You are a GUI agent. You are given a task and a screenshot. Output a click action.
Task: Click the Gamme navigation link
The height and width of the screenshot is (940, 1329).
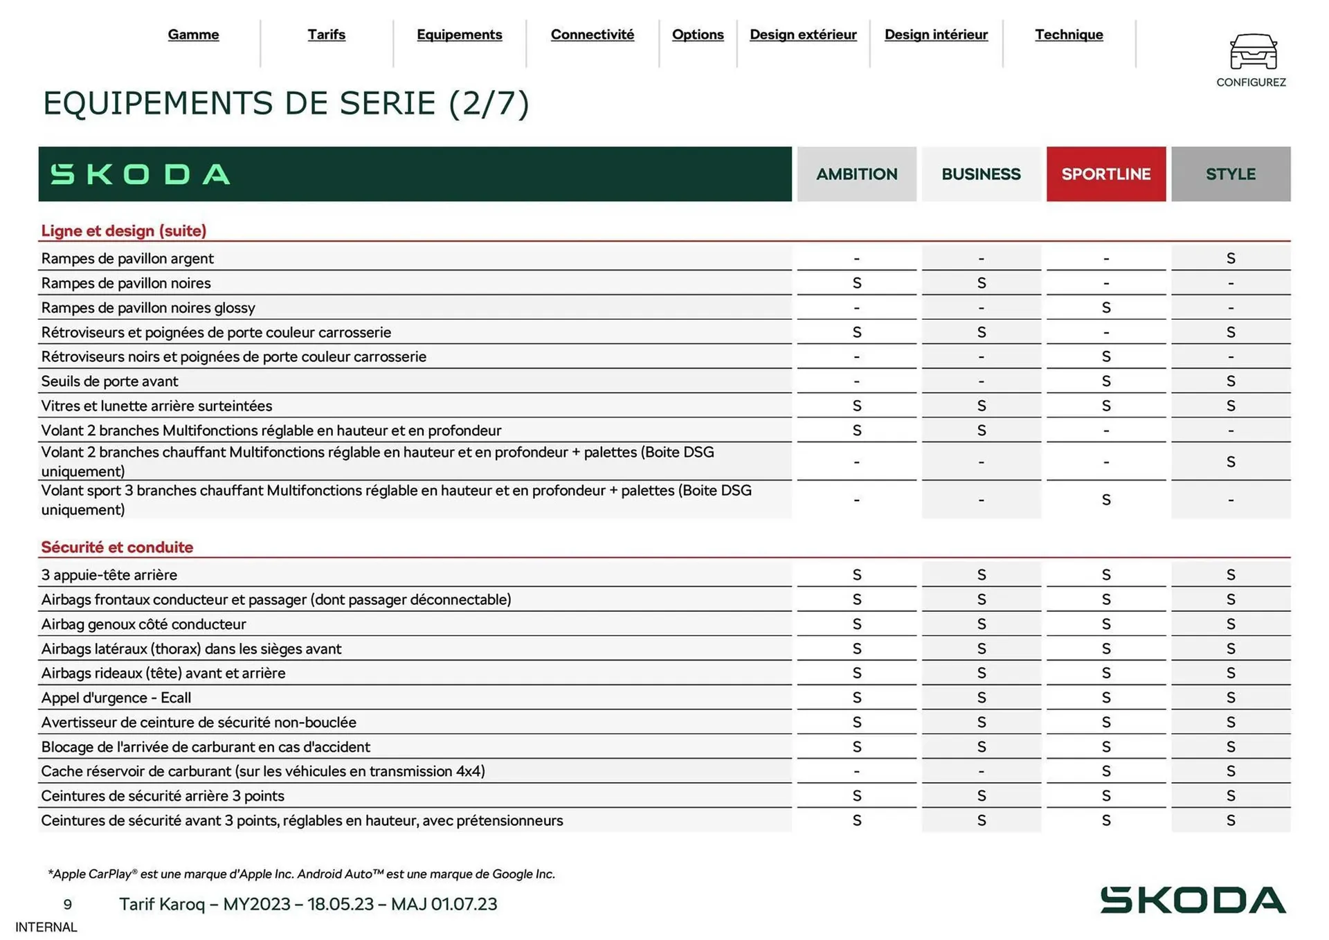tap(193, 35)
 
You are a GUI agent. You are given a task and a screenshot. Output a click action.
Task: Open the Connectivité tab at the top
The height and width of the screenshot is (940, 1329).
tap(592, 35)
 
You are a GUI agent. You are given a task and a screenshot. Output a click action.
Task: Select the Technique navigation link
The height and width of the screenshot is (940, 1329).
tap(1068, 35)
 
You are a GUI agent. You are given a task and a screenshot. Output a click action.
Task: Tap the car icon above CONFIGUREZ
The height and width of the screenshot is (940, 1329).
tap(1253, 52)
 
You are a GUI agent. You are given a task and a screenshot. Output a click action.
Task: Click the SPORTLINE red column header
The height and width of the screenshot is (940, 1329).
tap(1105, 174)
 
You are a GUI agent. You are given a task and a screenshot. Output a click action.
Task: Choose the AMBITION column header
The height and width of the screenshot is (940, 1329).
tap(856, 174)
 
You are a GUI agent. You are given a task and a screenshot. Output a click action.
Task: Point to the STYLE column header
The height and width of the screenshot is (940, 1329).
tap(1230, 174)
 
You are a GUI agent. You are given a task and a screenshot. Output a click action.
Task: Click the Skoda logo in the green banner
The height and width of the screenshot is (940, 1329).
tap(141, 174)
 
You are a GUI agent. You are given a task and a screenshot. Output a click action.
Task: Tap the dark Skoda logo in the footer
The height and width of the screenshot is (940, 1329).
tap(1193, 900)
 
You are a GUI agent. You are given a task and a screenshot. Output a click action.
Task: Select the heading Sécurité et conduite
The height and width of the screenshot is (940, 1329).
tap(117, 547)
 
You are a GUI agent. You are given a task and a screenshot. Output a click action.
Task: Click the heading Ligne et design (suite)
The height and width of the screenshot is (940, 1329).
tap(124, 231)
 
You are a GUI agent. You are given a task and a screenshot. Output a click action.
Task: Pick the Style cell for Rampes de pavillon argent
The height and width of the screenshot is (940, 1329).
tap(1230, 258)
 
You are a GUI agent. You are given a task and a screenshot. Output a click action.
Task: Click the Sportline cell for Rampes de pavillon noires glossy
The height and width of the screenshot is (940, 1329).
tap(1105, 307)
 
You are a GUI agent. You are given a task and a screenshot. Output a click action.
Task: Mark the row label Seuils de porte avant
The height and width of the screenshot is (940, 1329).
tap(109, 381)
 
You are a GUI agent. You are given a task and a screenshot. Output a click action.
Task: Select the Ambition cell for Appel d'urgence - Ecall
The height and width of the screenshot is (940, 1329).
tap(856, 698)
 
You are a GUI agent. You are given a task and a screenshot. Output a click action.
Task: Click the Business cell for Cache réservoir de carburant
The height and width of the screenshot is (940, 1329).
tap(981, 771)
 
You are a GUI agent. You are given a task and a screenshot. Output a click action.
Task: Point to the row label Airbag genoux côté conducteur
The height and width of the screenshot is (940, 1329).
tap(143, 624)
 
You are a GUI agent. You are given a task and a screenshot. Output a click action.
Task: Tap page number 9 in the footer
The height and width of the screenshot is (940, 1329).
tap(67, 904)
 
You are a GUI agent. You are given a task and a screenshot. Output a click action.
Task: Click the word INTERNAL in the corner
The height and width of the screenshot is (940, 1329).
tap(46, 927)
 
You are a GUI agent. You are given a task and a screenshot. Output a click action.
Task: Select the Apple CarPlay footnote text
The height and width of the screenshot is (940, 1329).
tap(301, 874)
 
